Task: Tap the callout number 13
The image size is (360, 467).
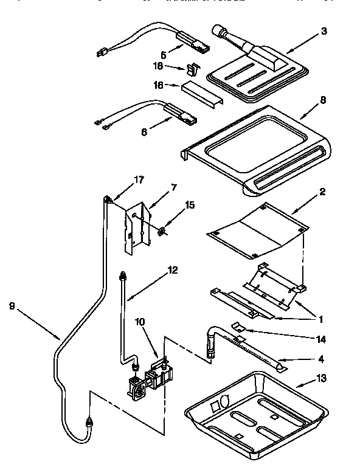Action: (x=321, y=378)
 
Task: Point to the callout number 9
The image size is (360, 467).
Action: (x=12, y=306)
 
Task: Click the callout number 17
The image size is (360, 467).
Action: (x=139, y=179)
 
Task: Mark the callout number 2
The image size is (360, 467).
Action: (x=322, y=192)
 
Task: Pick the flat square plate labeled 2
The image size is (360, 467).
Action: (x=255, y=230)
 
